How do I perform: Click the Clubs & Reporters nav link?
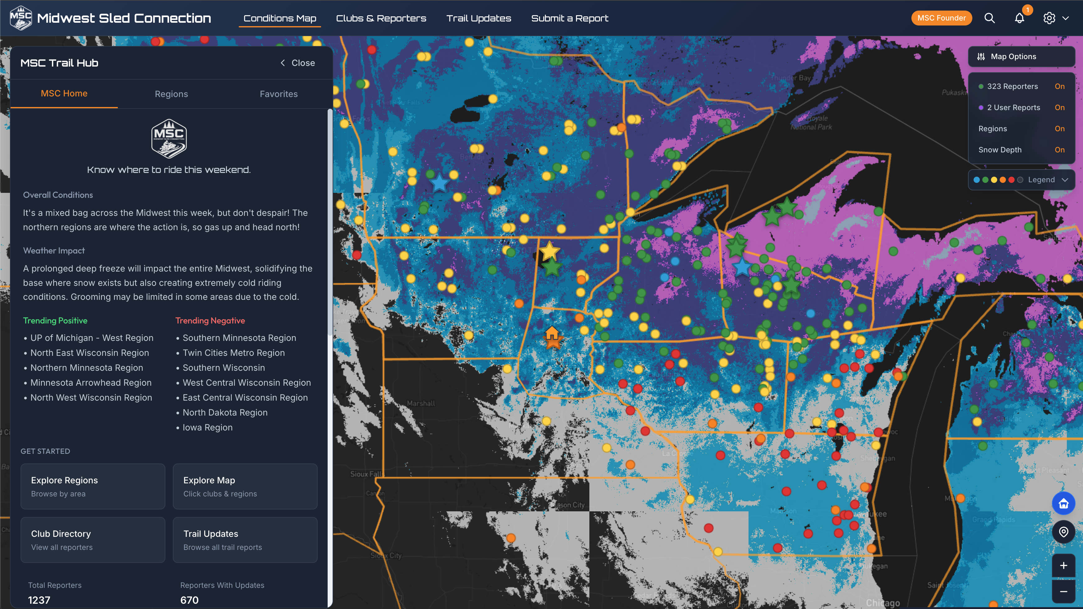(381, 18)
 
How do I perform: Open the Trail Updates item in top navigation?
(478, 18)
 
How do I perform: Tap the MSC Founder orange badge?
(941, 18)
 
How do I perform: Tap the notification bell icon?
(1019, 18)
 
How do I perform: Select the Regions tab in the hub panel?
(171, 94)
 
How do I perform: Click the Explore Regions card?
(93, 486)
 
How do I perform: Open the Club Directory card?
(93, 540)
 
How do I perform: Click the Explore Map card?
(245, 486)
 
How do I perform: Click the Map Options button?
(1021, 56)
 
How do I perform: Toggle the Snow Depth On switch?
(1059, 150)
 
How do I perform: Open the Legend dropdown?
(1021, 179)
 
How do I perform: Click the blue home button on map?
(1063, 504)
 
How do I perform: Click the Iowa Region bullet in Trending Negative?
(207, 427)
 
